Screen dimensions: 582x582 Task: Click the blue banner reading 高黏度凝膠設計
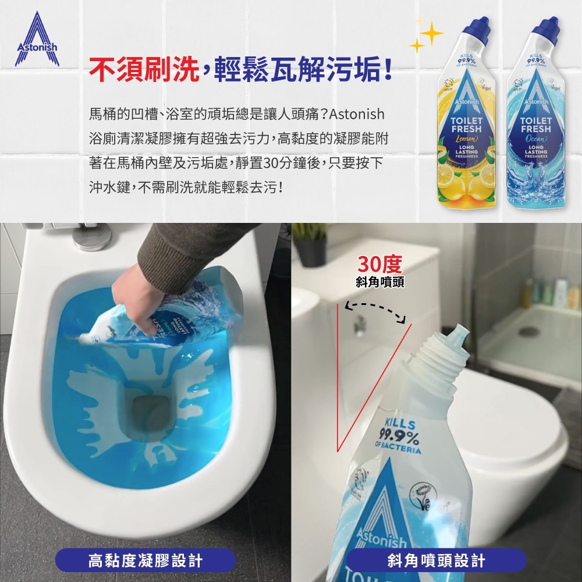pos(145,561)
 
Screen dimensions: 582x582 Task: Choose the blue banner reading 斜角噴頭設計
pos(436,561)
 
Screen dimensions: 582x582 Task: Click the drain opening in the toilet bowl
pos(148,407)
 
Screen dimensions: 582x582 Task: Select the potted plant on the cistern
pos(311,244)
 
